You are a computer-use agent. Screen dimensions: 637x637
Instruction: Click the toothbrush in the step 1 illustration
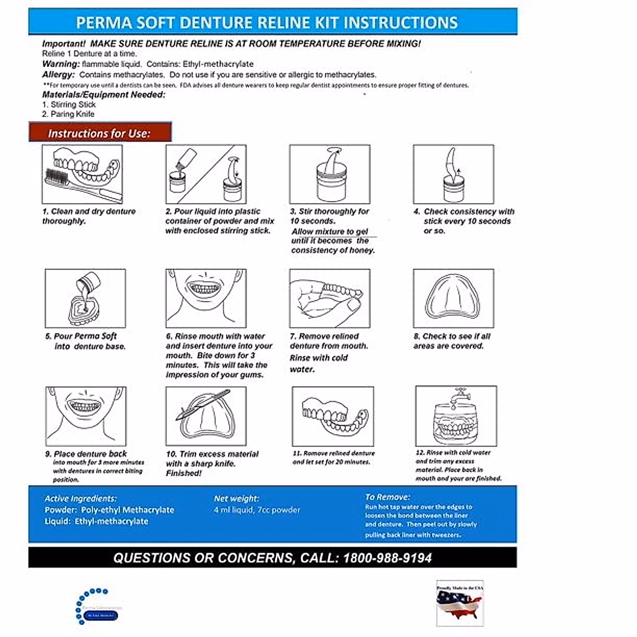(69, 180)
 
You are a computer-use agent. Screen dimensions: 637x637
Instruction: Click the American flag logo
(460, 603)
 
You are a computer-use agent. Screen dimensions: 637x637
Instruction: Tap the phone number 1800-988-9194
(387, 558)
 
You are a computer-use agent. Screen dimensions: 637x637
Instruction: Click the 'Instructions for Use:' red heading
(100, 133)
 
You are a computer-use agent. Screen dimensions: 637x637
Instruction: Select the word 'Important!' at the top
(64, 44)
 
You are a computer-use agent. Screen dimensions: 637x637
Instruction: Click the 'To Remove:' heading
(388, 497)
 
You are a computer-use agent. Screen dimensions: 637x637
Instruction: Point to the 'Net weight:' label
(236, 498)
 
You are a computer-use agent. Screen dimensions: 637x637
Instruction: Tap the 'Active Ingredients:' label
(80, 498)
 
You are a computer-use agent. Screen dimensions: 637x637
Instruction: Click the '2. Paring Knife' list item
(68, 114)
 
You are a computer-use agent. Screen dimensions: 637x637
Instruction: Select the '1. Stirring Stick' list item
(69, 105)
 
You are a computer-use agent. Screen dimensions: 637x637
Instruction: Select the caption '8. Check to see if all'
(452, 336)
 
